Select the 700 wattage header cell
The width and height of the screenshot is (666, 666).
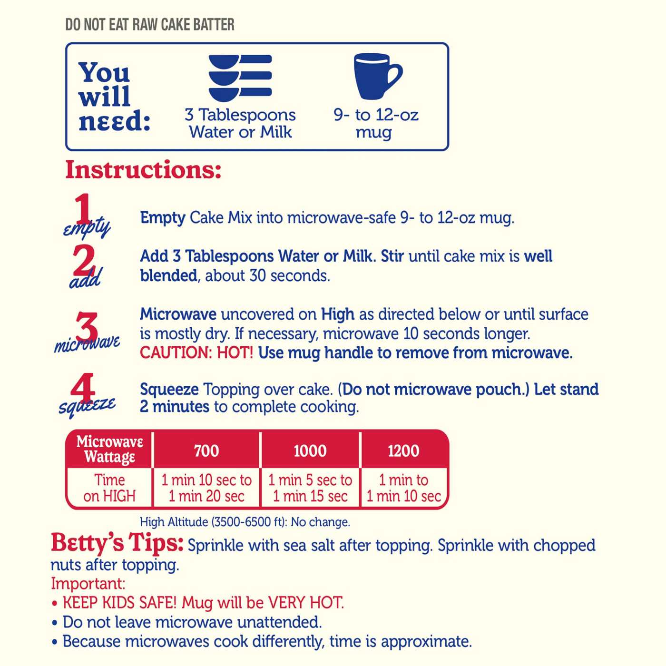(x=206, y=451)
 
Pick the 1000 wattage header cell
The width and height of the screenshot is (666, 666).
(x=310, y=451)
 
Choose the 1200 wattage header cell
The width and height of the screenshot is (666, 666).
(x=404, y=451)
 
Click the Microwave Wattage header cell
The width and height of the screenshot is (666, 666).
(x=109, y=449)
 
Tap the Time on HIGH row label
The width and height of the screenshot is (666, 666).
(x=109, y=488)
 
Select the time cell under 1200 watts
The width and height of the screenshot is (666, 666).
(x=404, y=488)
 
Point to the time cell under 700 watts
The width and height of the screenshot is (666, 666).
(x=206, y=488)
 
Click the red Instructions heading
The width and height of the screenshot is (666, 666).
(x=143, y=170)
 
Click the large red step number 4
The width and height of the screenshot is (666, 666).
(x=83, y=388)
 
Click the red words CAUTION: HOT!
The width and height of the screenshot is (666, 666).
(x=196, y=353)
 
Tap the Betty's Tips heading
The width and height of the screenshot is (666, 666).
(x=117, y=543)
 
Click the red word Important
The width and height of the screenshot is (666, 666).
(x=88, y=584)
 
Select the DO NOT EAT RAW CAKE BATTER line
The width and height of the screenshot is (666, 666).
(x=150, y=25)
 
